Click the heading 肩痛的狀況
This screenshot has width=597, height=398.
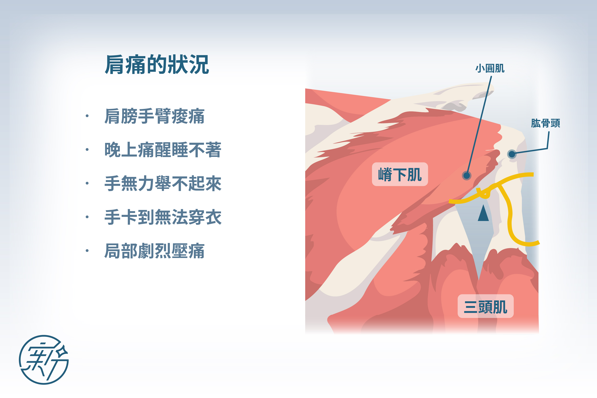pos(157,65)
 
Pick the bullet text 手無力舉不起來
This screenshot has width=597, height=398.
pos(163,183)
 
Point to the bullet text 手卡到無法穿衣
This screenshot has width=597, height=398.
pos(163,217)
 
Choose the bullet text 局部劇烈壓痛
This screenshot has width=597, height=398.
pos(154,251)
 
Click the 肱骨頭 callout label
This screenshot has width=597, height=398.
pos(545,123)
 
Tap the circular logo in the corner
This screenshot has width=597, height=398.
pos(44,360)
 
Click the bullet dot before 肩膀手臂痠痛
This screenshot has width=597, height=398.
pos(87,116)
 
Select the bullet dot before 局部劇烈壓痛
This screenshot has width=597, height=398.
pos(87,251)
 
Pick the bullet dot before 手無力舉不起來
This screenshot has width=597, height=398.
pos(87,183)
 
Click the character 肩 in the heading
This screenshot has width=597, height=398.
pos(115,65)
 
